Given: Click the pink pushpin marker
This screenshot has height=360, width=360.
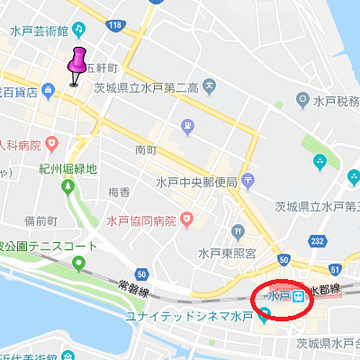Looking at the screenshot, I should point(76,63).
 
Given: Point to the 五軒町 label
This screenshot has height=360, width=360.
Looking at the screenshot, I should point(102,68).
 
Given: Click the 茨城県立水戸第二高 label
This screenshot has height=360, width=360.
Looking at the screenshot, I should point(147,87).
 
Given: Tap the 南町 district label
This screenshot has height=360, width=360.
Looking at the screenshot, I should point(145,149).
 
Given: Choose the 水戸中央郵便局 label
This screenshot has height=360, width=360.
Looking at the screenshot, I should point(196,182).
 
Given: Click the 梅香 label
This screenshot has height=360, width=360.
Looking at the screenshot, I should point(119,192).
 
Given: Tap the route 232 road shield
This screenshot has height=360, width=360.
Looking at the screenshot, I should point(317,240).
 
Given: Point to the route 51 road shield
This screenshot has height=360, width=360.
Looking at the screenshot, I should point(336,269).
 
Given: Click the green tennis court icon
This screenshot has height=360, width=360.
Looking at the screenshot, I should point(78,265).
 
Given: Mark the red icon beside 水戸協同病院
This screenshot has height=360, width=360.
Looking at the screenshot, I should point(186,218).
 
